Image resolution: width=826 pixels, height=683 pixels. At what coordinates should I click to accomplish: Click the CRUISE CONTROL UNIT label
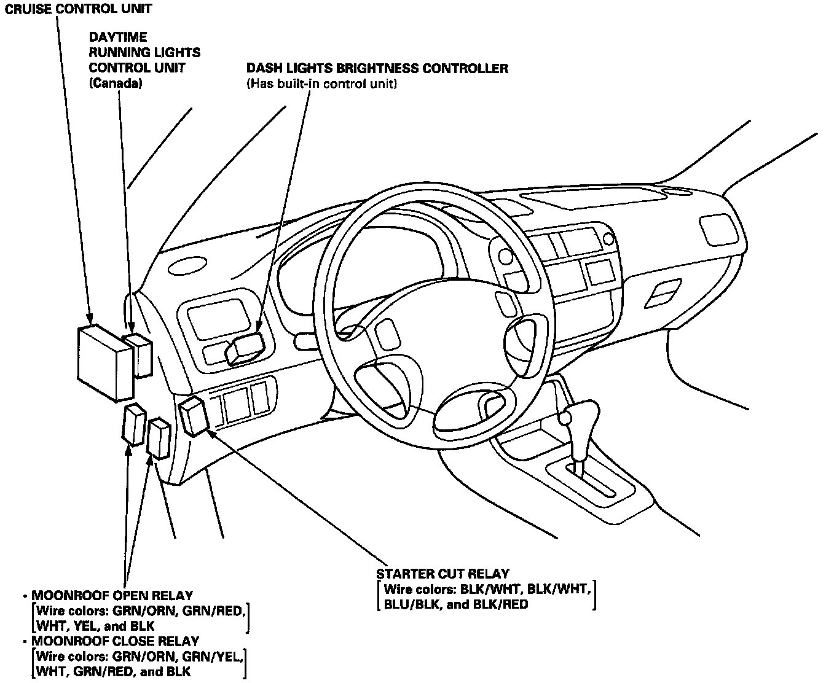tap(78, 9)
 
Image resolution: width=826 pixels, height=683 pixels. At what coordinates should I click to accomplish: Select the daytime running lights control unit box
tap(139, 354)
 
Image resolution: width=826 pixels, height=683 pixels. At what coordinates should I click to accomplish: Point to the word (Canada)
tap(116, 83)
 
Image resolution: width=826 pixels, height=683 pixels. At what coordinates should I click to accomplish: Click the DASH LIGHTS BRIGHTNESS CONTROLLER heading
tap(377, 68)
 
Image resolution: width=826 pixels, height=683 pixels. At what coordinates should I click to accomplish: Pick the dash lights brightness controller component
tap(244, 349)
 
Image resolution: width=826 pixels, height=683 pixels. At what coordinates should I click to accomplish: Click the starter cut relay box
tap(194, 416)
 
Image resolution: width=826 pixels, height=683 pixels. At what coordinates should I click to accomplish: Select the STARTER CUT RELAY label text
tap(442, 574)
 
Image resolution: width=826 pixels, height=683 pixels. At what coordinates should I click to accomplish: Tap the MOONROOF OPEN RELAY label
tap(112, 596)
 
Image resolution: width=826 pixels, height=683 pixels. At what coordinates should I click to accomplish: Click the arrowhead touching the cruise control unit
tap(90, 319)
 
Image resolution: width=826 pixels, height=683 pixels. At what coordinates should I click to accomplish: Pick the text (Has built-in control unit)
tap(321, 84)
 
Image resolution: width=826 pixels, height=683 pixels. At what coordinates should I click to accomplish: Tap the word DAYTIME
tap(117, 38)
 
